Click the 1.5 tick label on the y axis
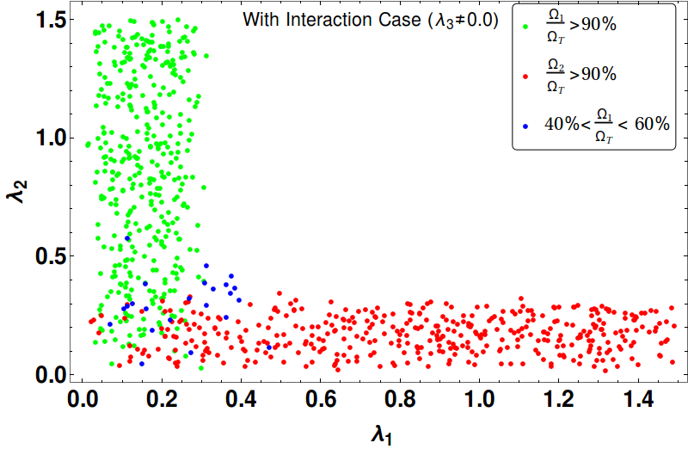pyautogui.click(x=51, y=20)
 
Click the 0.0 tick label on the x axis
pyautogui.click(x=82, y=399)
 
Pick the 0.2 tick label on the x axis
pyautogui.click(x=162, y=399)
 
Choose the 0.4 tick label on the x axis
pyautogui.click(x=242, y=399)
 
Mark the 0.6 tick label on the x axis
pyautogui.click(x=320, y=399)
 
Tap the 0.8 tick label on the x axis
pyautogui.click(x=400, y=399)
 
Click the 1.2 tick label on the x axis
pyautogui.click(x=559, y=399)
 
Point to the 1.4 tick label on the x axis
pyautogui.click(x=638, y=399)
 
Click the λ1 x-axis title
pyautogui.click(x=381, y=435)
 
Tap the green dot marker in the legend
pyautogui.click(x=525, y=27)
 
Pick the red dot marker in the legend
pyautogui.click(x=525, y=77)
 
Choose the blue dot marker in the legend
pyautogui.click(x=525, y=126)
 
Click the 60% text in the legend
pyautogui.click(x=652, y=124)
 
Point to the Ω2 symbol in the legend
pyautogui.click(x=556, y=65)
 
